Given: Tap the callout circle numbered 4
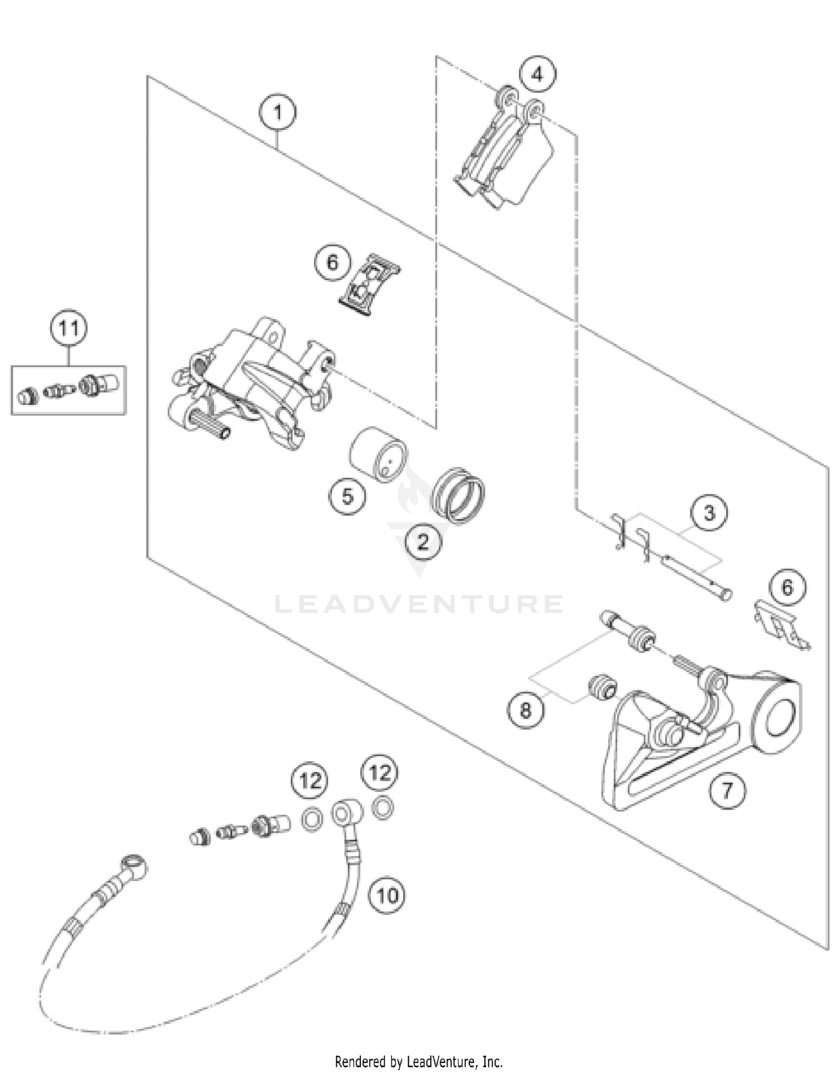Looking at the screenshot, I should [x=537, y=74].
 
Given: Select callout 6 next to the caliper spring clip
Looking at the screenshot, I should [x=332, y=262].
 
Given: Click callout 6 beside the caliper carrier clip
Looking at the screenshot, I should [x=787, y=587].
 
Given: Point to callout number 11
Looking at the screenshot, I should [x=69, y=328].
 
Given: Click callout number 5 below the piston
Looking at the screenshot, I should [x=347, y=496].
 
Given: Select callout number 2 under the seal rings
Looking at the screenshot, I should [x=423, y=542].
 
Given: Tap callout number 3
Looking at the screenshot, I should [x=709, y=512].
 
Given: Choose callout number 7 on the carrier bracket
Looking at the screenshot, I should [x=727, y=790].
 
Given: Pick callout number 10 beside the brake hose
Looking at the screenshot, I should [x=387, y=895].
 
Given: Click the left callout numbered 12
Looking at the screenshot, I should [x=311, y=780].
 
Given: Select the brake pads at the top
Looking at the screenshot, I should [x=506, y=154].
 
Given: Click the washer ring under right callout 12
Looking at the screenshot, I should [x=383, y=808].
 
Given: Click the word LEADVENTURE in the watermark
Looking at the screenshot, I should [x=419, y=604].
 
